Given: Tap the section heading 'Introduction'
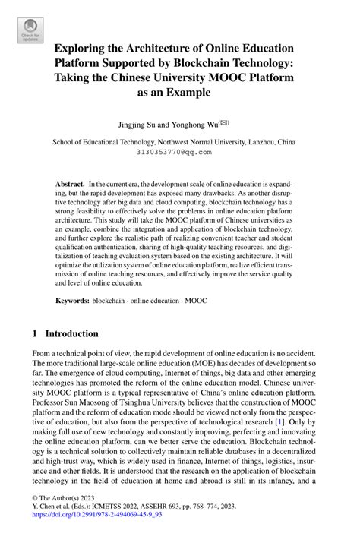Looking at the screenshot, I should (x=72, y=333).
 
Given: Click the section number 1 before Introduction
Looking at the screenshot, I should (x=35, y=333).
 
